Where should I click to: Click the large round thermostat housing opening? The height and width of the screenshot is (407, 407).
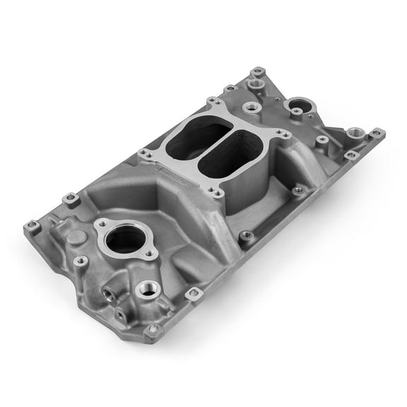(x=124, y=239)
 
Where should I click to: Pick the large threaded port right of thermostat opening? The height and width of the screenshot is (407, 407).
(x=149, y=288)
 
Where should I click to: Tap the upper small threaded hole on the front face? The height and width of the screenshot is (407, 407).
(x=110, y=292)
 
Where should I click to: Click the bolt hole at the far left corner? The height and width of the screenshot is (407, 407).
(x=32, y=227)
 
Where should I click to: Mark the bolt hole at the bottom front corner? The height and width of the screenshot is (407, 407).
(x=153, y=330)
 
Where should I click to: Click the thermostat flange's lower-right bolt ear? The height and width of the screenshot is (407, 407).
(x=150, y=254)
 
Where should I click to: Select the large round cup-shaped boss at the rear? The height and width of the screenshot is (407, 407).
(x=301, y=106)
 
